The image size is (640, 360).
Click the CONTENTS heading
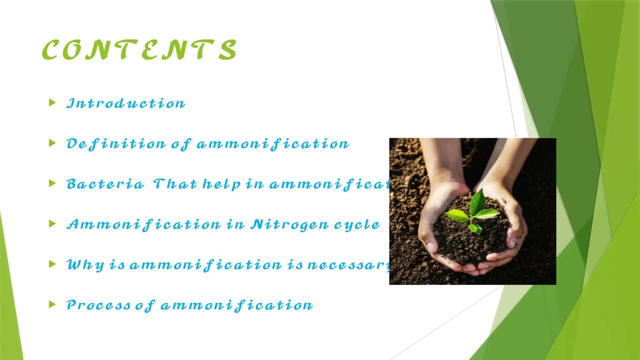tap(139, 50)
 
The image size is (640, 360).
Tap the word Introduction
tap(126, 103)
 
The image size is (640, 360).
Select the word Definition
tap(116, 144)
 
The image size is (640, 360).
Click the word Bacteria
tap(105, 184)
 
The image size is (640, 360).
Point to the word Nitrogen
tap(290, 225)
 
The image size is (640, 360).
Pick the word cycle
tap(357, 225)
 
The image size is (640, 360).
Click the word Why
tap(85, 265)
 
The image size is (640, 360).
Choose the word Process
tap(98, 305)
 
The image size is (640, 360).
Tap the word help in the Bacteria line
tap(222, 184)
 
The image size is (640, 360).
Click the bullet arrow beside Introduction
tap(52, 102)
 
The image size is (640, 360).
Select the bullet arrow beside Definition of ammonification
tap(52, 143)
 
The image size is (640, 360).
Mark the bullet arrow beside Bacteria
tap(52, 183)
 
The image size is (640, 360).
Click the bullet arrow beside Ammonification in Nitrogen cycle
tap(52, 224)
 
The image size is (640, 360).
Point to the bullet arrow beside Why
tap(52, 264)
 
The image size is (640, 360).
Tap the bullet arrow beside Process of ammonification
tap(52, 304)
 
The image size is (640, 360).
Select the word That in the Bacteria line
tap(175, 184)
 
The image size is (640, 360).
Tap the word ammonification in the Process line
tap(237, 305)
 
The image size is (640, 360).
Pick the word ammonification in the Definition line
tap(272, 144)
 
